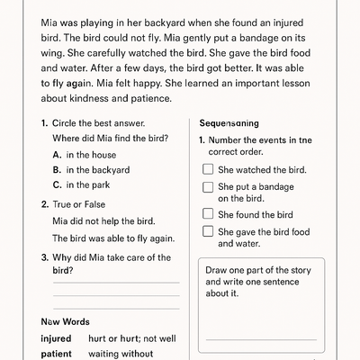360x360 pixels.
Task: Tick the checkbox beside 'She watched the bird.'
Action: [208, 169]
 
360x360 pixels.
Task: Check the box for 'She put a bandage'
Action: [208, 187]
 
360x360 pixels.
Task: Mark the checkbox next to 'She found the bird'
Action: [208, 214]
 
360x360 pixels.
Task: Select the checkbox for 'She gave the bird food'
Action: [208, 231]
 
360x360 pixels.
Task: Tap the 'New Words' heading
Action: [65, 321]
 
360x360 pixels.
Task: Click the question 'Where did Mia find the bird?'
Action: [113, 138]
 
